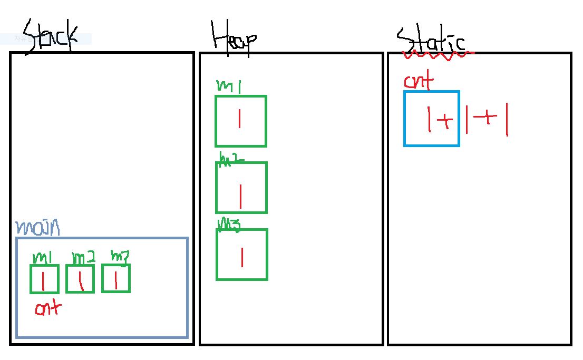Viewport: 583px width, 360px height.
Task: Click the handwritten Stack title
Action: pos(51,36)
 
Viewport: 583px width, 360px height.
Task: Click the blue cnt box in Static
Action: pos(432,119)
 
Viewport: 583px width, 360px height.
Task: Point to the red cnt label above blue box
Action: pos(419,82)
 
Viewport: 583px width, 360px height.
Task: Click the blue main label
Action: pos(37,228)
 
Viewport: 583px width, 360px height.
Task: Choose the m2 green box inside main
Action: pos(80,279)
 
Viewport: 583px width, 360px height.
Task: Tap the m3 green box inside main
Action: pos(115,278)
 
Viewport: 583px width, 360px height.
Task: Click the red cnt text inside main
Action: pos(48,308)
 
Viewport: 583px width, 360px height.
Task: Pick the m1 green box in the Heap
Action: pos(241,121)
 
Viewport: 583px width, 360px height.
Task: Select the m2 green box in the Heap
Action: pos(241,188)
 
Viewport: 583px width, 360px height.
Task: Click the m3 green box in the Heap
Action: pos(242,254)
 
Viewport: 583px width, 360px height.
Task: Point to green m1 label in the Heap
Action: pos(228,86)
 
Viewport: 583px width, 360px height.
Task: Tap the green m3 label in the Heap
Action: pos(229,225)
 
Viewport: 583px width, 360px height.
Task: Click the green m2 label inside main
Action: pos(83,258)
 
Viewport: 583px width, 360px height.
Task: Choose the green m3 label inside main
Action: pos(119,256)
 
